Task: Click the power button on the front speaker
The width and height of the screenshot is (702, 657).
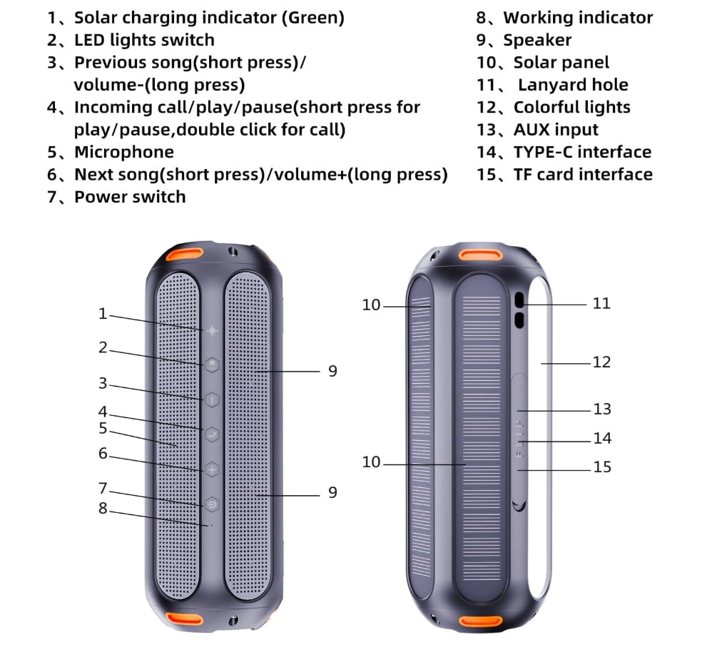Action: (212, 504)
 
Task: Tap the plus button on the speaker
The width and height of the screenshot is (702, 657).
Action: (212, 469)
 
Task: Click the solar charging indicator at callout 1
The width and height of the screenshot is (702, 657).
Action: (212, 331)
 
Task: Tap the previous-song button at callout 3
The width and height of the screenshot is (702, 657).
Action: (212, 399)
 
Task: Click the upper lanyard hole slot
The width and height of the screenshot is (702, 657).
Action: (519, 300)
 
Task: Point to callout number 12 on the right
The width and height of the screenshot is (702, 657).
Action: (601, 362)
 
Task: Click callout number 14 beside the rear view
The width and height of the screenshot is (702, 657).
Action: (601, 438)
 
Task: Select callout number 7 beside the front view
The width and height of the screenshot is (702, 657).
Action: (103, 489)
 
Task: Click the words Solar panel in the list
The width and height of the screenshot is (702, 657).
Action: (561, 63)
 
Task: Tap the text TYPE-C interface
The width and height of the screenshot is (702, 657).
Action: (582, 152)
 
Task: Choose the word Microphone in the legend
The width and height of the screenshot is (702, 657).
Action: (124, 152)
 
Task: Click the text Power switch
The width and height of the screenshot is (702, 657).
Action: (130, 197)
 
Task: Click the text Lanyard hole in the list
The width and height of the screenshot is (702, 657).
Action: (573, 85)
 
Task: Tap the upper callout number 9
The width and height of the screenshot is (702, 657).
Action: (332, 371)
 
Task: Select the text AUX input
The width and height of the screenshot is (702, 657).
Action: (556, 130)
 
